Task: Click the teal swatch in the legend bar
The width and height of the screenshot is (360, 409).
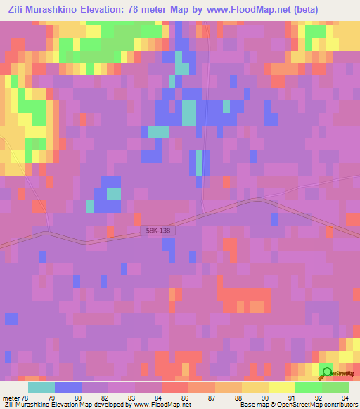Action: (41, 387)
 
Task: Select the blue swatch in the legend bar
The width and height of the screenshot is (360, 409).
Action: (68, 387)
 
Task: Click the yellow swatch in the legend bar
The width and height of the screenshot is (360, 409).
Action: (282, 387)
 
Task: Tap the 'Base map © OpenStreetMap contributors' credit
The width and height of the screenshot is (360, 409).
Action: (298, 405)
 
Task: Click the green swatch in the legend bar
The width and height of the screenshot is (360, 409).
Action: (309, 387)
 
